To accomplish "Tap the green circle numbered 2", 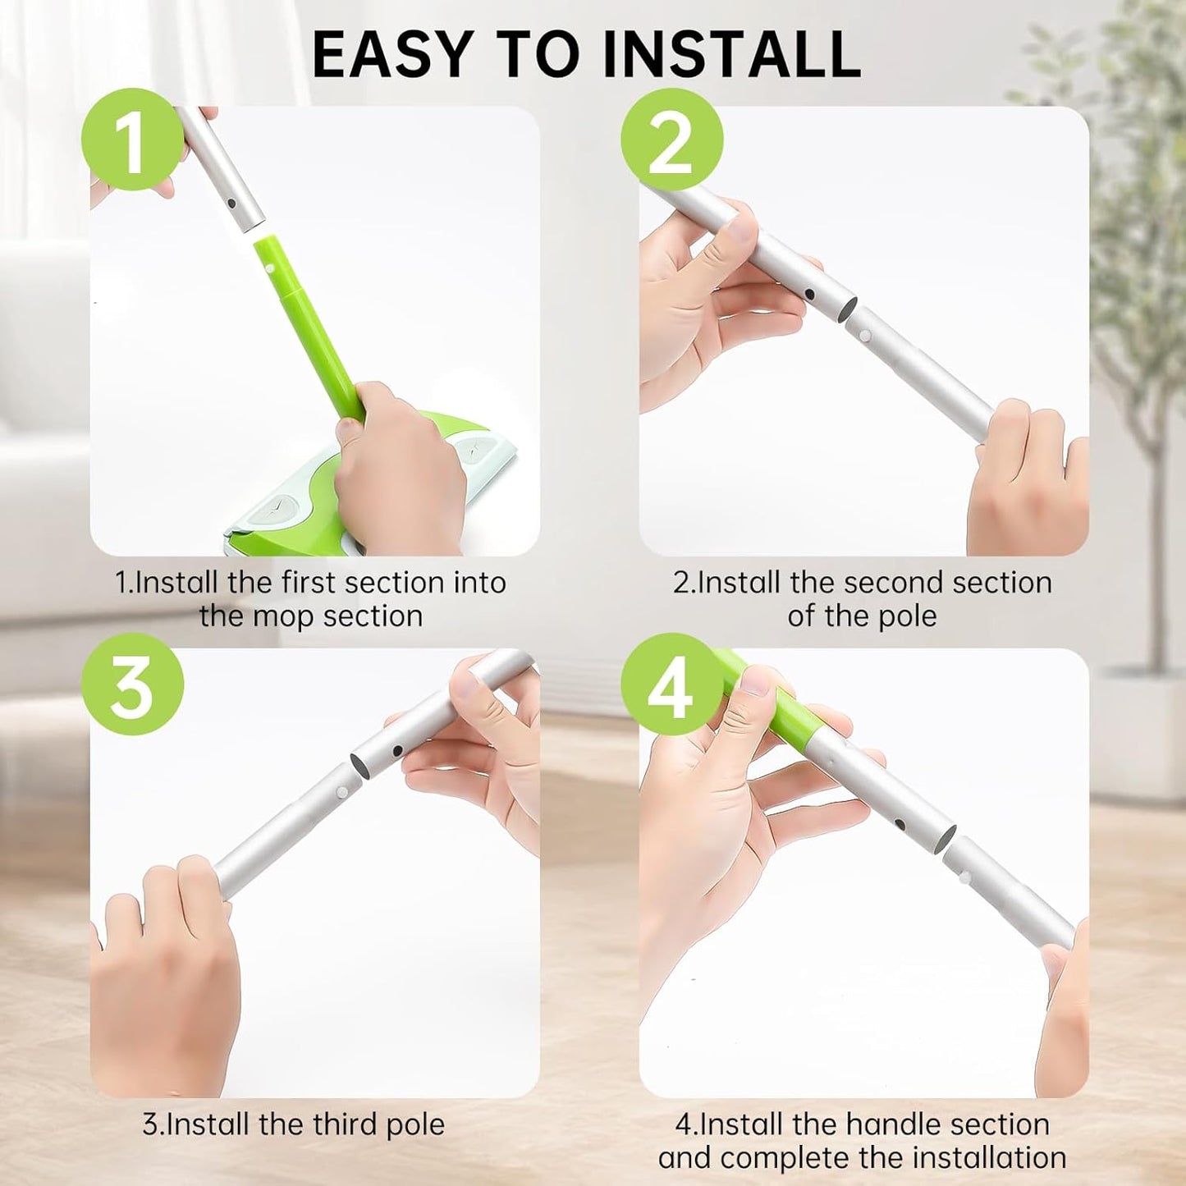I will click(x=671, y=140).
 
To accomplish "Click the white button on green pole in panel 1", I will click(x=269, y=268).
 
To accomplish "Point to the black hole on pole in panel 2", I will click(x=810, y=293).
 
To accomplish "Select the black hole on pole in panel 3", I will click(x=396, y=749).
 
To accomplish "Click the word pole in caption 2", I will click(x=907, y=616).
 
